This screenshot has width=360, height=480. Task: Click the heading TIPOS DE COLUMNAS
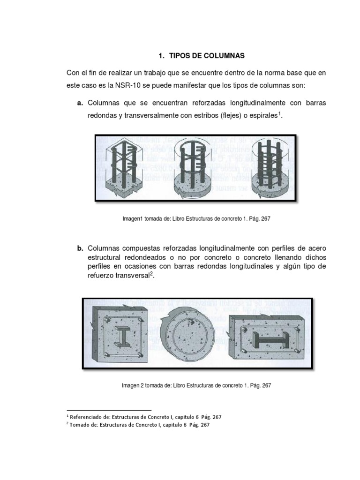click(x=208, y=56)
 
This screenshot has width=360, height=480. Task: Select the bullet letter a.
click(x=80, y=102)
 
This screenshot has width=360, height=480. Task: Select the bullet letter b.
click(x=80, y=247)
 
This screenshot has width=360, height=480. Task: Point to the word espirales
click(x=265, y=115)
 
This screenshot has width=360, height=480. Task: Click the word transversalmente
click(x=155, y=115)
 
